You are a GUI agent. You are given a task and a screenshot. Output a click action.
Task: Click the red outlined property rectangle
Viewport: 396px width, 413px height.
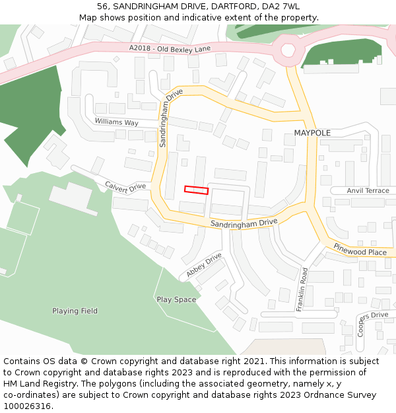coord(196,190)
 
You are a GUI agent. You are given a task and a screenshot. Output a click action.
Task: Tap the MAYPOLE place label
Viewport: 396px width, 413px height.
coord(312,133)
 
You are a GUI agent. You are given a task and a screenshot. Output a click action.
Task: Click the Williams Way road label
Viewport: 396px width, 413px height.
coord(116,122)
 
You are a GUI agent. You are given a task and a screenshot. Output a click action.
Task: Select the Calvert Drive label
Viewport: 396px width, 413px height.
coord(125,187)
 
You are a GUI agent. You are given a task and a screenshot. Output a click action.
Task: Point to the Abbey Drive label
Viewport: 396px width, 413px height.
coord(204,264)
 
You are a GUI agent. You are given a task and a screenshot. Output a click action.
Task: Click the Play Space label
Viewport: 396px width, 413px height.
coord(176,299)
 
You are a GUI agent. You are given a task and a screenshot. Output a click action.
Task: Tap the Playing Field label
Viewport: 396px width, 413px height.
coord(75,311)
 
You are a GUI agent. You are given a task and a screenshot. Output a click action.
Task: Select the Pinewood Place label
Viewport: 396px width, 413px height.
coord(360,252)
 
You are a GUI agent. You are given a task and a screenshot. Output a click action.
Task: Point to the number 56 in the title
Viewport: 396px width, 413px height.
coord(102,7)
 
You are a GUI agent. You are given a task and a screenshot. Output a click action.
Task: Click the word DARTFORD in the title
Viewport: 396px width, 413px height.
coord(226,7)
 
